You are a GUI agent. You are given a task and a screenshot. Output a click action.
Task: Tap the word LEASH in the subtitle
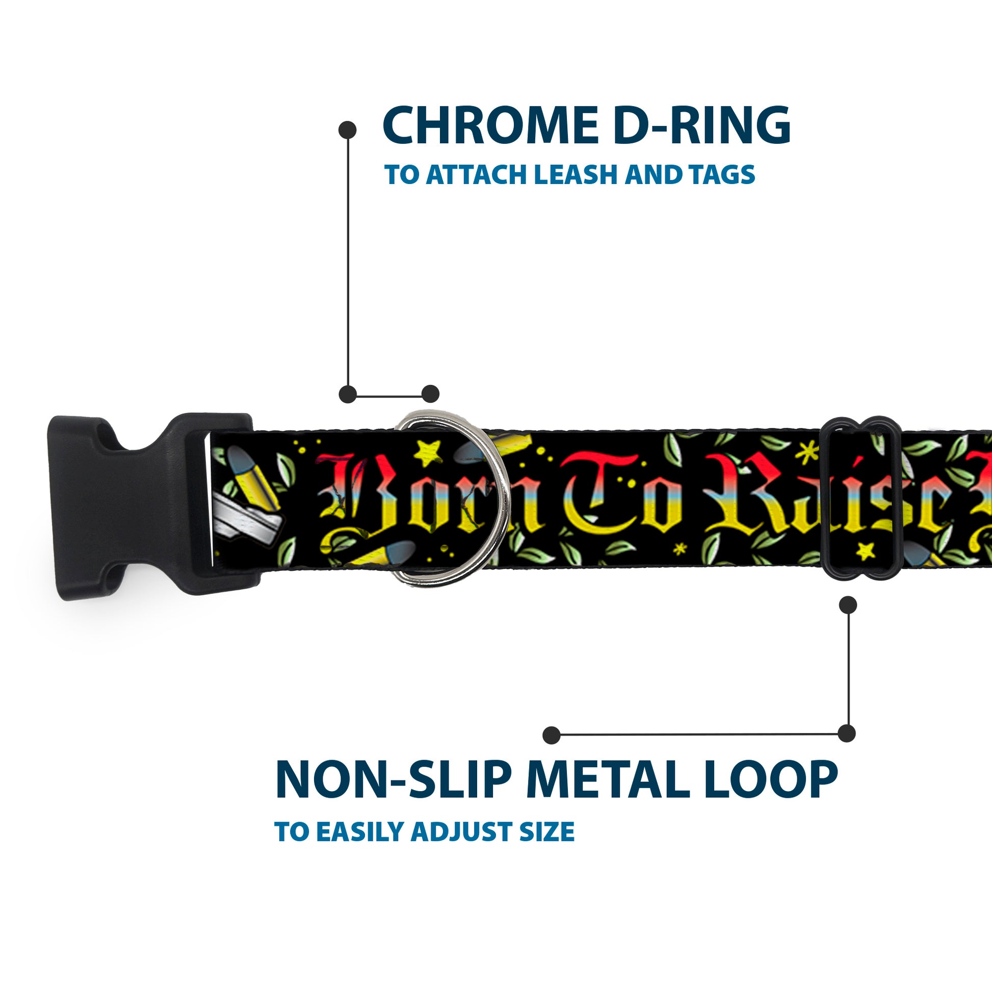tap(578, 174)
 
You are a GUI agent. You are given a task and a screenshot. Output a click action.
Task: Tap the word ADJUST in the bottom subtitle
tap(462, 831)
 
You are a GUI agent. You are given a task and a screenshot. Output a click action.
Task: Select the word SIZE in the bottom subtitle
tap(546, 831)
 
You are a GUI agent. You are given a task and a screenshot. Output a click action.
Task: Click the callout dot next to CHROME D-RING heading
tap(348, 129)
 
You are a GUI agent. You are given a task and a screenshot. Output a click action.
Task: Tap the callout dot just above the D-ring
tap(430, 394)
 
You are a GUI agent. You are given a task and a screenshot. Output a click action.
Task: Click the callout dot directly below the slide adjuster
tap(848, 605)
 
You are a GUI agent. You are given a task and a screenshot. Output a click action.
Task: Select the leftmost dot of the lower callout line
tap(551, 735)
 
